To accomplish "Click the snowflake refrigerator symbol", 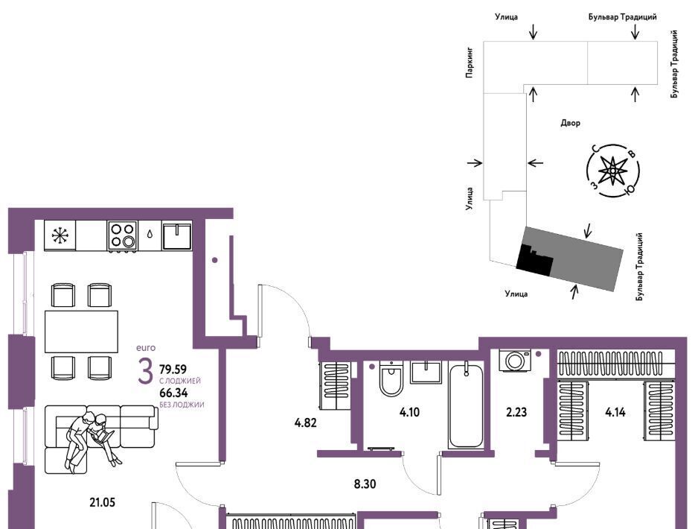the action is click(60, 235).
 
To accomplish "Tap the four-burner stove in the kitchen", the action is click(122, 235).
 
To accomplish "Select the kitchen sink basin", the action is click(177, 236).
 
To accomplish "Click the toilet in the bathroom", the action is click(391, 378).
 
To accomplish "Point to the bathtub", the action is click(466, 405).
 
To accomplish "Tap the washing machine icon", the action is click(515, 361).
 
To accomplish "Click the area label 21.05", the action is click(103, 502).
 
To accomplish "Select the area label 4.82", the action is click(305, 422).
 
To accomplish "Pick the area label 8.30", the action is click(365, 484).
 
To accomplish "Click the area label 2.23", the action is click(516, 412).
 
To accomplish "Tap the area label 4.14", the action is click(615, 412).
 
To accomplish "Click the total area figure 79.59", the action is click(173, 369).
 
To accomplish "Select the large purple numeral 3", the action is click(145, 372).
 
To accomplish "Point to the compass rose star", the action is click(612, 171).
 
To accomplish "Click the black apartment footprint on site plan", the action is click(534, 259).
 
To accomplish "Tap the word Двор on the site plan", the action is click(571, 123).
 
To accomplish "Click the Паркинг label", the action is click(470, 63).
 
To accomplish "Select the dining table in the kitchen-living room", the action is click(82, 331).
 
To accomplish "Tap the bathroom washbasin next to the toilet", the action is click(426, 373).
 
